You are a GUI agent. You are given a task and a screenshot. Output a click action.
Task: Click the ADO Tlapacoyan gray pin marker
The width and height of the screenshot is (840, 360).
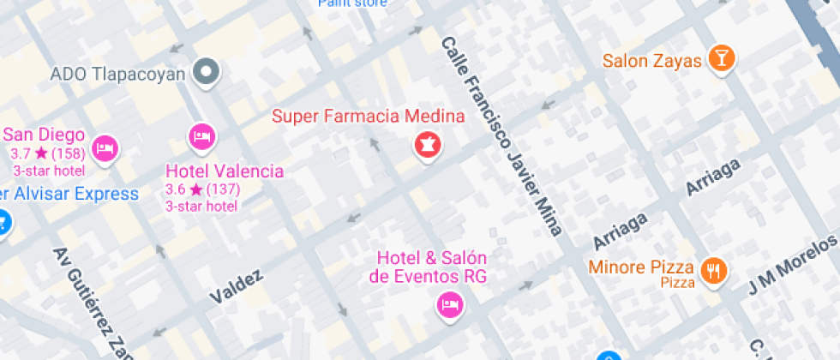click(206, 74)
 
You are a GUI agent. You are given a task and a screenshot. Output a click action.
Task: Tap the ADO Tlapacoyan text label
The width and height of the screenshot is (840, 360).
click(118, 74)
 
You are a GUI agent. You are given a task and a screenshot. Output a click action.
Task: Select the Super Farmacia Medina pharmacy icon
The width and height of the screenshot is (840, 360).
click(428, 145)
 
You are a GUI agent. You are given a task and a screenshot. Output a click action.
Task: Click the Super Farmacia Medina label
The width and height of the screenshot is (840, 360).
click(369, 116)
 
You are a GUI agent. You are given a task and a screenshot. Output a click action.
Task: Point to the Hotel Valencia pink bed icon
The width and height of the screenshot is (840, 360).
click(201, 136)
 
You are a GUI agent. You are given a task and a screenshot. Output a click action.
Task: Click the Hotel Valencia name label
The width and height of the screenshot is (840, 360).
click(225, 171)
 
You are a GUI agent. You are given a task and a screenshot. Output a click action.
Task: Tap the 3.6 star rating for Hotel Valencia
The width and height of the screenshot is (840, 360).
click(202, 189)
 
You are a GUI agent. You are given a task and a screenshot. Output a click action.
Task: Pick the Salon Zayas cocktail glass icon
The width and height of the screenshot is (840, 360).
click(723, 58)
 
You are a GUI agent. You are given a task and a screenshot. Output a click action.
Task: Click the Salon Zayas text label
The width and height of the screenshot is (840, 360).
click(652, 61)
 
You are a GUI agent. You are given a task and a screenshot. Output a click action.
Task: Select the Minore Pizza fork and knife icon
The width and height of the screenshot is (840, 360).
click(713, 271)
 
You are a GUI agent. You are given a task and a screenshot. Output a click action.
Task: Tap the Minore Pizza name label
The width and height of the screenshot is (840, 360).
click(642, 267)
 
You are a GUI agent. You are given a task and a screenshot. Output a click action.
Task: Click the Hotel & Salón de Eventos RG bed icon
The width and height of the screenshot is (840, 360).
click(448, 304)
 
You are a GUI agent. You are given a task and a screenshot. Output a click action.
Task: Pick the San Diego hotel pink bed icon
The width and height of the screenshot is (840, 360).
click(105, 147)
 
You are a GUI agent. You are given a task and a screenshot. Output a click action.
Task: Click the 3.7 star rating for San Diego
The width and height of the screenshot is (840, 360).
click(46, 154)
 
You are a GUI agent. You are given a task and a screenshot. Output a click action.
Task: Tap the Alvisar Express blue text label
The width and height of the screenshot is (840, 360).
click(69, 193)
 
